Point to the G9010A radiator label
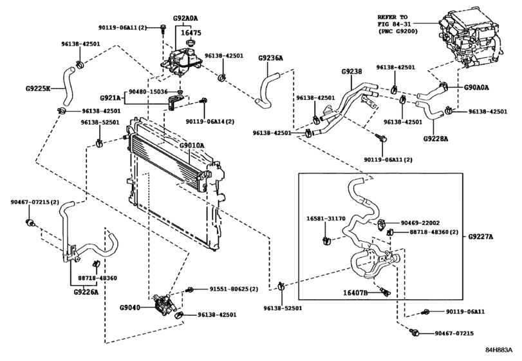pyautogui.click(x=191, y=146)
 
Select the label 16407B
pyautogui.click(x=355, y=293)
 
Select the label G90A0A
pyautogui.click(x=477, y=86)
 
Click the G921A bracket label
pyautogui.click(x=111, y=98)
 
